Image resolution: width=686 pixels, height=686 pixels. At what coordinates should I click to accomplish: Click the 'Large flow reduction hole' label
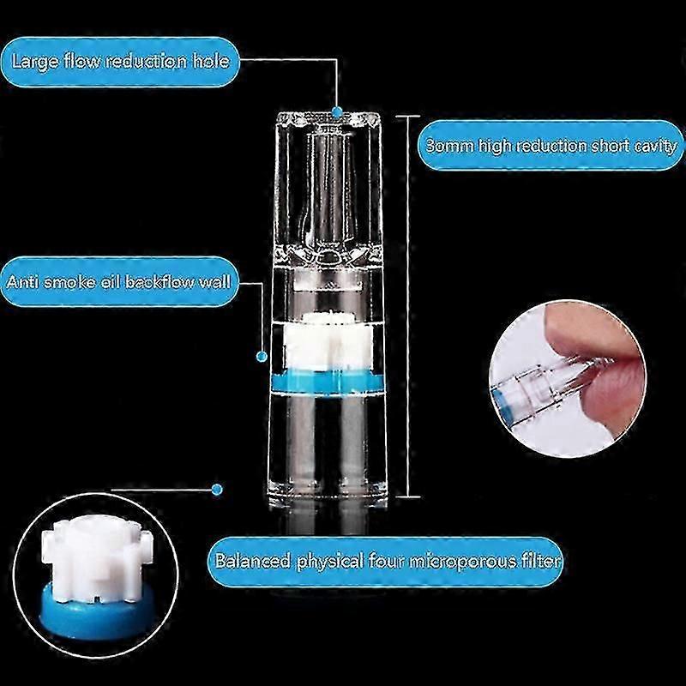coord(120,62)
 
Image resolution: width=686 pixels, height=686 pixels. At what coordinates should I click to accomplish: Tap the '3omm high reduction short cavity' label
coord(551,145)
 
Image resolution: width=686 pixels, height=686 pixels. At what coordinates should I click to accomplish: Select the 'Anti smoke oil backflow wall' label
coord(119,282)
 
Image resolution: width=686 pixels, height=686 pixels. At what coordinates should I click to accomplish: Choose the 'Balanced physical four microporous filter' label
coord(387,562)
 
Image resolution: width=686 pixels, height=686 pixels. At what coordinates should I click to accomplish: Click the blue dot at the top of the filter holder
coord(337,111)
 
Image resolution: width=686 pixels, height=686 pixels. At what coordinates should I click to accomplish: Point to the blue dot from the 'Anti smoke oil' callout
coord(262,357)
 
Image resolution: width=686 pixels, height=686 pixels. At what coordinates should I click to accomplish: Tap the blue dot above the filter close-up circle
coord(217,490)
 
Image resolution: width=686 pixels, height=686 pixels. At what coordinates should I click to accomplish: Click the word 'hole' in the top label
coord(211,61)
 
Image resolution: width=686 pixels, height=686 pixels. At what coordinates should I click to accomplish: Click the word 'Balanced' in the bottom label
coord(252,561)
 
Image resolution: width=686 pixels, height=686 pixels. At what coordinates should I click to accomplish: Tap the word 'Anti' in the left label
coord(22,281)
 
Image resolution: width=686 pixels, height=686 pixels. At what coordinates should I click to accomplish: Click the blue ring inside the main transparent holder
coord(328,380)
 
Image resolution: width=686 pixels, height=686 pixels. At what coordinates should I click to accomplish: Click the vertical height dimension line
coord(408,306)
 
